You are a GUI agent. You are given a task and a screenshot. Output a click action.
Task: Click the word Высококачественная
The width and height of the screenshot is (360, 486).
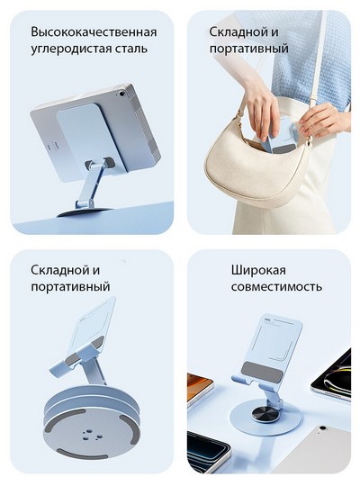point(94,32)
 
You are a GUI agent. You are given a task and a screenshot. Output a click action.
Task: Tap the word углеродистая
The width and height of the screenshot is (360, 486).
point(69,49)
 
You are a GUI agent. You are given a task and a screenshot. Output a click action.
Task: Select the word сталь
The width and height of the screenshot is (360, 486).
point(130,49)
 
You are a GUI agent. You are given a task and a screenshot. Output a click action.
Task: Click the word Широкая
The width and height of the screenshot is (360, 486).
point(258,270)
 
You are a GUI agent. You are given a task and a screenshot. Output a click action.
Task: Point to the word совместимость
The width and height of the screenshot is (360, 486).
point(276,286)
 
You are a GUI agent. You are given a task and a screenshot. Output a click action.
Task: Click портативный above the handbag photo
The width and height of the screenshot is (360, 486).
point(249,49)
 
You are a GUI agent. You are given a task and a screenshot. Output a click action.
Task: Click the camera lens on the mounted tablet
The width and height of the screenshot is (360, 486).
point(121,93)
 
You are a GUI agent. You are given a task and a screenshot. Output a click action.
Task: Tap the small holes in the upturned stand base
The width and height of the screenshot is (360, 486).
point(91,435)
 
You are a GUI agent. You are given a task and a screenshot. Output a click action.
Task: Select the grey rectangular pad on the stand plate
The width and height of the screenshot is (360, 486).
point(262,371)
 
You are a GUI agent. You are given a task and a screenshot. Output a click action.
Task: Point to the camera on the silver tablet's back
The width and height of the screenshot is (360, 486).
point(323,427)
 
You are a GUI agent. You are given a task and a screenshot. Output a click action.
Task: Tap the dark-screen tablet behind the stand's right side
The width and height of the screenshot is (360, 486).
point(331,375)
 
